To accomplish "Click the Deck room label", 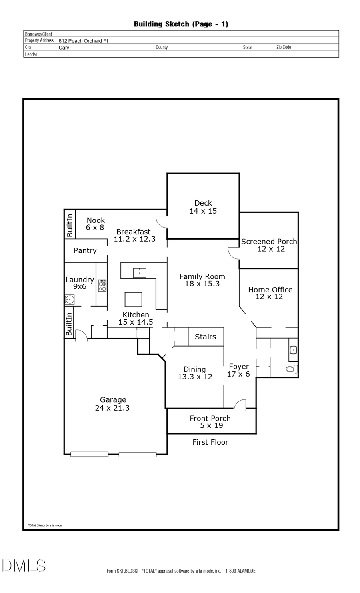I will click(203, 203).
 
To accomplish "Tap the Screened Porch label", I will click(269, 242).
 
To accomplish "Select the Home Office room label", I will click(270, 290).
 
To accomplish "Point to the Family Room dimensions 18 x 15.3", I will click(202, 284).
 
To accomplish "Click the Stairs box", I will click(206, 337).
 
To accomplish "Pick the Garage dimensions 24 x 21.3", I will click(112, 408).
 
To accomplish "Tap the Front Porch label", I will click(210, 419).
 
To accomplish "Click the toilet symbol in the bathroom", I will click(292, 369).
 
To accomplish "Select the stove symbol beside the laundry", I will click(102, 285).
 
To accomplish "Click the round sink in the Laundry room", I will click(70, 299).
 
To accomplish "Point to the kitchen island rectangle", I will click(133, 299).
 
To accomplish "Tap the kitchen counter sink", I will click(139, 273).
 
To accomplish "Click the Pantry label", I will click(85, 251).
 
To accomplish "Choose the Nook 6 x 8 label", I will click(95, 224).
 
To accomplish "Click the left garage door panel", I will click(89, 454).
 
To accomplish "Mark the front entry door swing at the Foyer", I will click(240, 405).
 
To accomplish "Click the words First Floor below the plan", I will click(210, 442).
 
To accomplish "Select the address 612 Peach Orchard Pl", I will click(83, 41).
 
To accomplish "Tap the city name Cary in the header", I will click(64, 48).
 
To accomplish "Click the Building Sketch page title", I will click(181, 24).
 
